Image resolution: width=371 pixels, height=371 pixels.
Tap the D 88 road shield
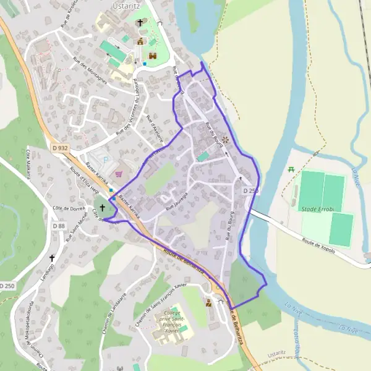[x=58, y=226]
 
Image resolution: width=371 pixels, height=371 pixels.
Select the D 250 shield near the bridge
[x=250, y=191]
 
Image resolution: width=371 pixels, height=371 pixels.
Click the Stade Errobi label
[x=318, y=210]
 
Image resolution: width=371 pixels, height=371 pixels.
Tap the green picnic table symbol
[x=291, y=169]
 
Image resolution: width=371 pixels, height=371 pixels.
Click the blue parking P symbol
[x=104, y=160]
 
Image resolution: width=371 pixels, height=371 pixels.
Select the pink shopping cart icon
[x=118, y=174]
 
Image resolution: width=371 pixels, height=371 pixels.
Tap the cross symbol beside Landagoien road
[x=53, y=258]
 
